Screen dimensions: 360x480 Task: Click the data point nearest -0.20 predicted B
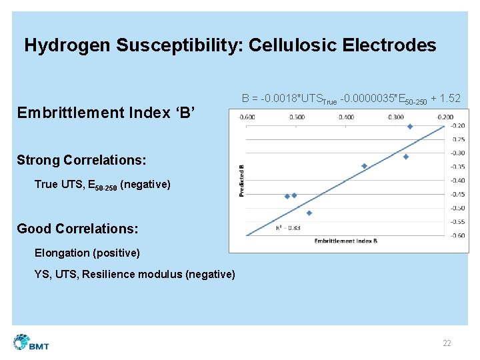coord(410,127)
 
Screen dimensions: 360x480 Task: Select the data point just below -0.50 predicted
coord(309,213)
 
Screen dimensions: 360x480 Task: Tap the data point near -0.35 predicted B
coord(364,166)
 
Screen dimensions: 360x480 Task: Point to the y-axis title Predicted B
coord(242,181)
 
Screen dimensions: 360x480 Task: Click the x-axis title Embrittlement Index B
coord(345,241)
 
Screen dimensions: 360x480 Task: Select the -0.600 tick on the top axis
coord(247,117)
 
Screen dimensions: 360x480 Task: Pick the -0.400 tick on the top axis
coord(345,117)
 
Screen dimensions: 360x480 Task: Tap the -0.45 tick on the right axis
coord(457,194)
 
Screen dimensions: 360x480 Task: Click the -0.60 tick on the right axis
coord(457,235)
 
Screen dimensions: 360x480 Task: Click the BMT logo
coord(31,343)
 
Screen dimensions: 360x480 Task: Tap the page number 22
coord(447,343)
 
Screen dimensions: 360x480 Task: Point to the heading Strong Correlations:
coord(81,160)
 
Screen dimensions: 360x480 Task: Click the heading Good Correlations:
coord(77,229)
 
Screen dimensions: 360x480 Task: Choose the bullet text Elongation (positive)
coord(87,253)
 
